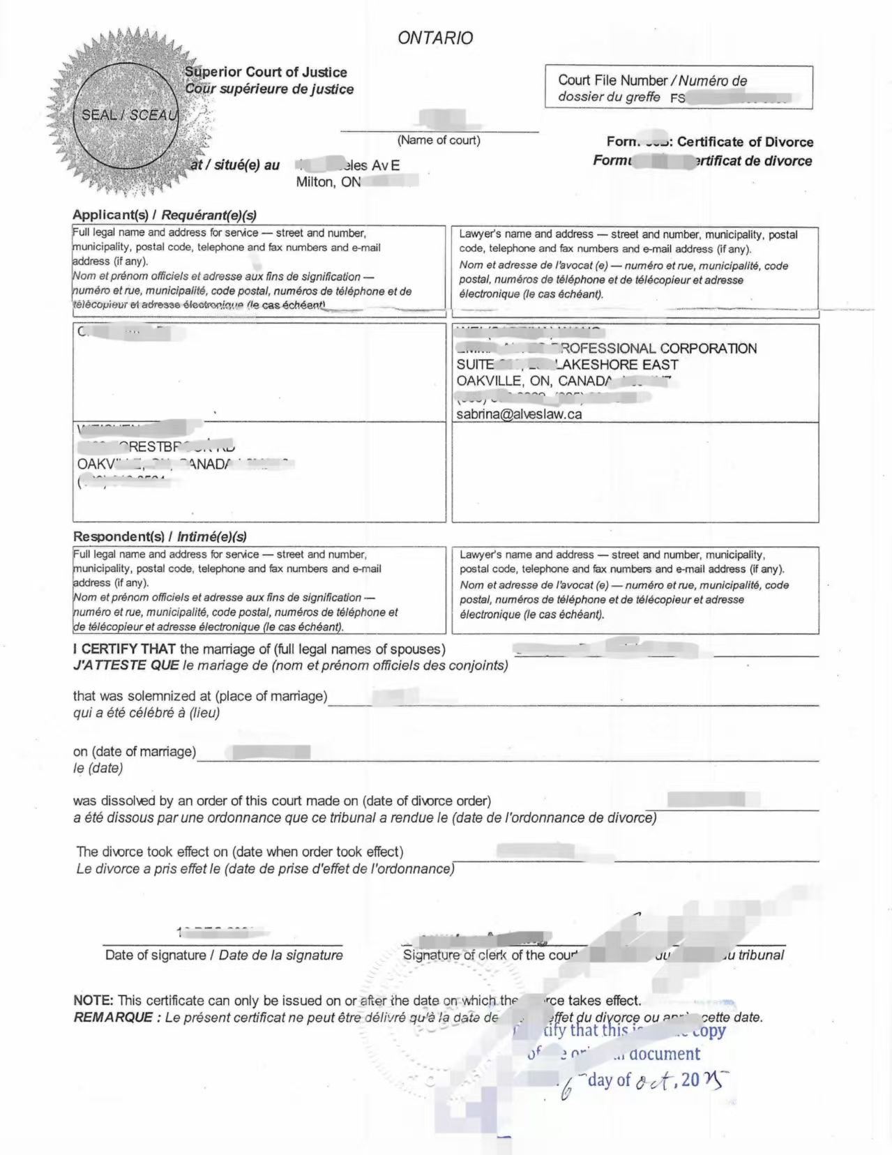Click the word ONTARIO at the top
tap(435, 38)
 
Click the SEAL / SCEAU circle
tap(126, 116)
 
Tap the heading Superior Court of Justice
tap(266, 72)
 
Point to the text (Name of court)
tap(439, 140)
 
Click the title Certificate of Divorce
tap(745, 142)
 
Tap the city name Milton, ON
tap(328, 182)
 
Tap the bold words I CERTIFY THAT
tap(125, 649)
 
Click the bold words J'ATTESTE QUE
tap(126, 665)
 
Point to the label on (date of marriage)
tap(135, 751)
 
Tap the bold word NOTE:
tap(93, 1000)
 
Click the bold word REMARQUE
tap(113, 1017)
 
